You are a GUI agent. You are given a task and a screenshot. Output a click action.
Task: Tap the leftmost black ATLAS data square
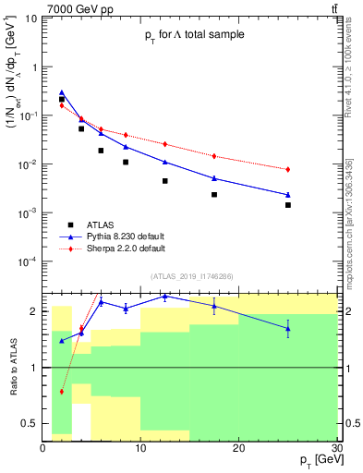pos(62,99)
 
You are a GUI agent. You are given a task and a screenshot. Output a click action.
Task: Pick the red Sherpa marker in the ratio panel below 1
pos(62,392)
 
